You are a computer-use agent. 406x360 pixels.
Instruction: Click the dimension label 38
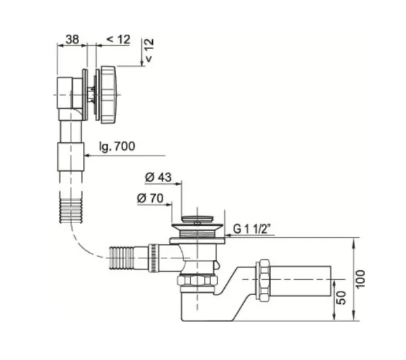(72, 39)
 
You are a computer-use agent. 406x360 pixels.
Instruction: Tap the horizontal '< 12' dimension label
(118, 39)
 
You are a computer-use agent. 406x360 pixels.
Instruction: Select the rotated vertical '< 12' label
(149, 50)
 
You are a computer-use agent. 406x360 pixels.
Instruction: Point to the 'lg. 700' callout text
(118, 146)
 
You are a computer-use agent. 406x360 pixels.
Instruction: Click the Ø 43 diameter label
(158, 178)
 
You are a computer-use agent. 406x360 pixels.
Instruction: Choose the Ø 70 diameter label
(150, 198)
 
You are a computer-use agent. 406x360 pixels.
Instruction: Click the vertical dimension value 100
(360, 279)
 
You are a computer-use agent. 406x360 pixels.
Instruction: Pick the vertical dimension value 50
(342, 298)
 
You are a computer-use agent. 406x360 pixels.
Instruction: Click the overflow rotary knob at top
(108, 95)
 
